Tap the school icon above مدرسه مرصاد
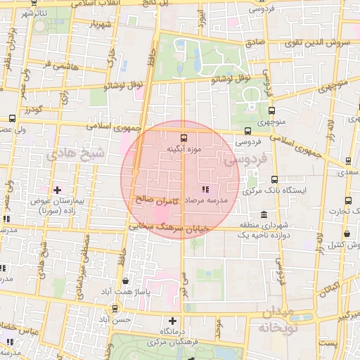coord(205,189)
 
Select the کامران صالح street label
coord(156,200)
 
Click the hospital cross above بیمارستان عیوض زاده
coord(57,190)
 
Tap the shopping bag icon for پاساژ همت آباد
coord(125,281)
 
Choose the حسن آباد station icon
coord(115,308)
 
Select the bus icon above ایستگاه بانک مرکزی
coord(274,179)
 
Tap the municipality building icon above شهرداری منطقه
coord(264,214)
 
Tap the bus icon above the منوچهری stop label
coord(272,110)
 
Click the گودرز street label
coord(33,110)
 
